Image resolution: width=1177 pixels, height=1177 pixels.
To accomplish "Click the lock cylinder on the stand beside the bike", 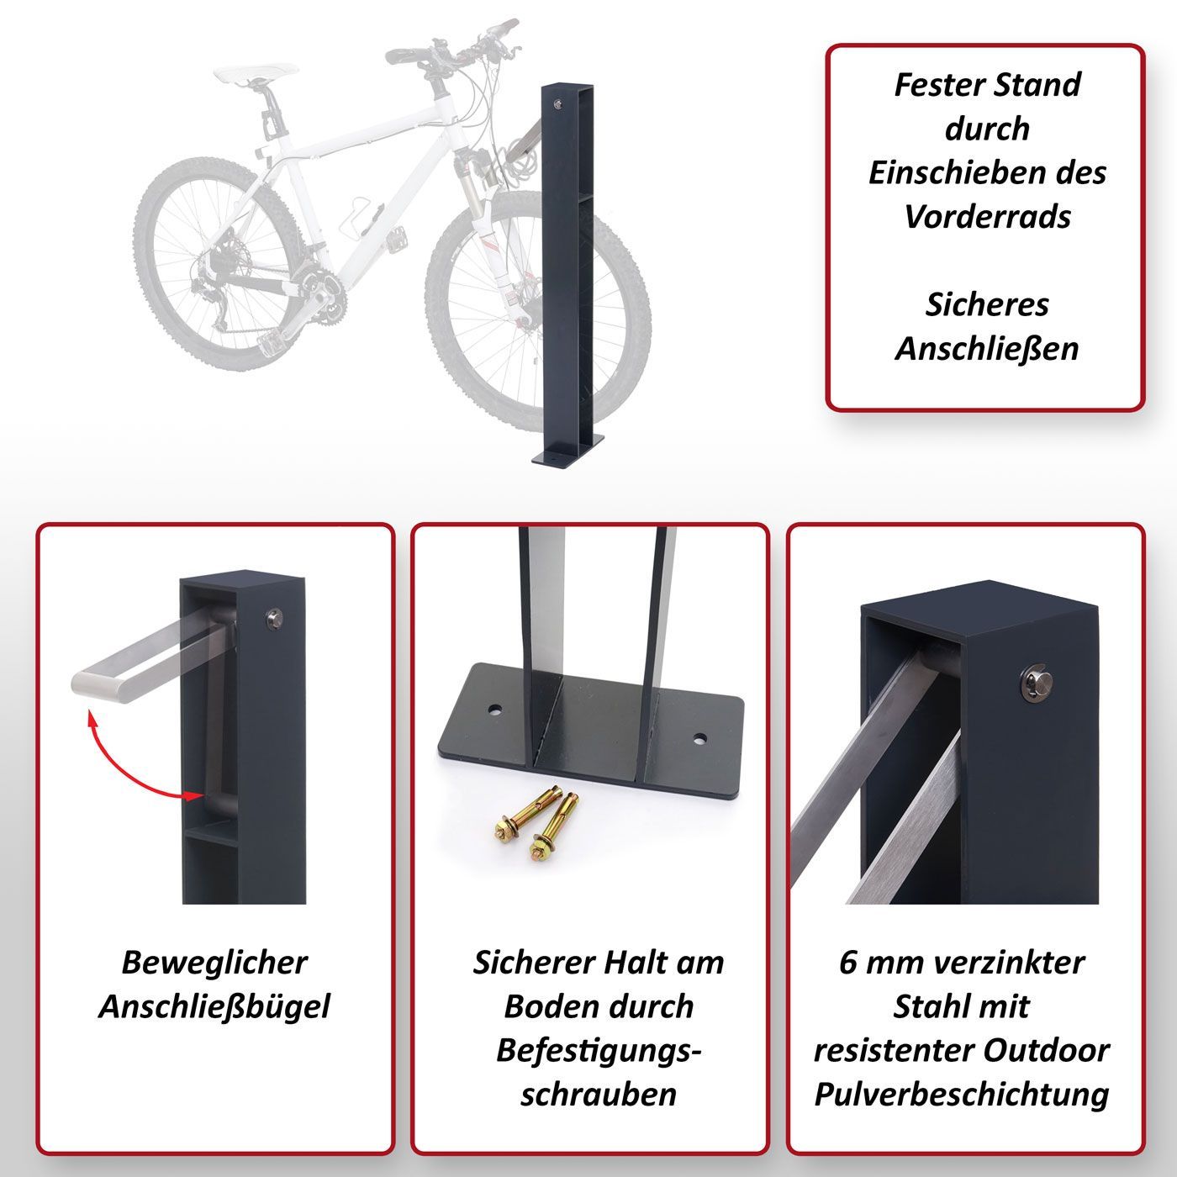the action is pos(557,104).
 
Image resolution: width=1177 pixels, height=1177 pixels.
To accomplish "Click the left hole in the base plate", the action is pos(494,711).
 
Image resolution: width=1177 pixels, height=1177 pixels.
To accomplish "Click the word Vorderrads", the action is pos(988,217).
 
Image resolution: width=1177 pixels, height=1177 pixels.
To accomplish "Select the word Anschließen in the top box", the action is pos(987,350).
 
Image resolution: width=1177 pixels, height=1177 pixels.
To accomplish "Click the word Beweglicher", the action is pos(214,963).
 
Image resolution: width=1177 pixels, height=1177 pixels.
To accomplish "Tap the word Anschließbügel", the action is pos(214,1007).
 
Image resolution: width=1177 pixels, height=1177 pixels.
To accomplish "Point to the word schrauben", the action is pos(599,1095).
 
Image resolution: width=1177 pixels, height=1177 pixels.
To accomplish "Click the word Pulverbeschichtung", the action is pos(962,1095).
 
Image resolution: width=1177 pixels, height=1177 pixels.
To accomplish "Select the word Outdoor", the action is pos(1047,1051).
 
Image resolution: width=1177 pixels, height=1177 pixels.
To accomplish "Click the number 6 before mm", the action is pos(847,963).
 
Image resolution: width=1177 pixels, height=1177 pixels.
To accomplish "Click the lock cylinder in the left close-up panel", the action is pos(272,620).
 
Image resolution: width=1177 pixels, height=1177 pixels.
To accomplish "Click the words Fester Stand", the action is pos(988,85).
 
